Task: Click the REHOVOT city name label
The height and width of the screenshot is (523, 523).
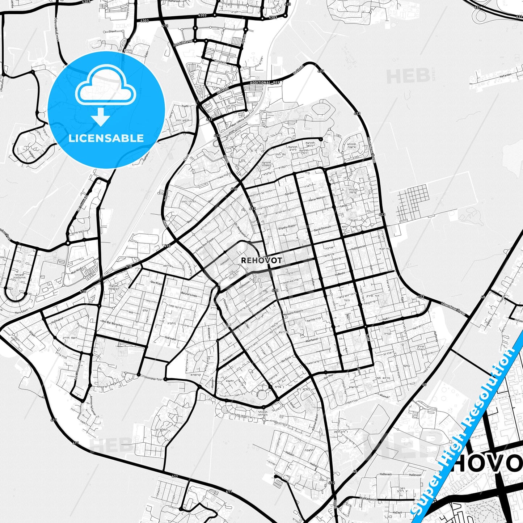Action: pos(261,260)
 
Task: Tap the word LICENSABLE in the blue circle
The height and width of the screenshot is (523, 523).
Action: pos(106,138)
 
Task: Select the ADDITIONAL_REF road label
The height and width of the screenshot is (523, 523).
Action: pos(265,83)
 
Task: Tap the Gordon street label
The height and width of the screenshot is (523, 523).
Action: pos(290,194)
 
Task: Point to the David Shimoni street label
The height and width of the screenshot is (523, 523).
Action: pos(322,229)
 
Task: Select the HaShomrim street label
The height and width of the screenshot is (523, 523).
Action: pos(358,248)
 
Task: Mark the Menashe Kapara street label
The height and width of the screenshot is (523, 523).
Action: pos(292,312)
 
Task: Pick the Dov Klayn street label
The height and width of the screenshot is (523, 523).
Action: pos(156,283)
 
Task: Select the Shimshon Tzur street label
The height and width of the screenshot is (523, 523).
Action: pos(153,378)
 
